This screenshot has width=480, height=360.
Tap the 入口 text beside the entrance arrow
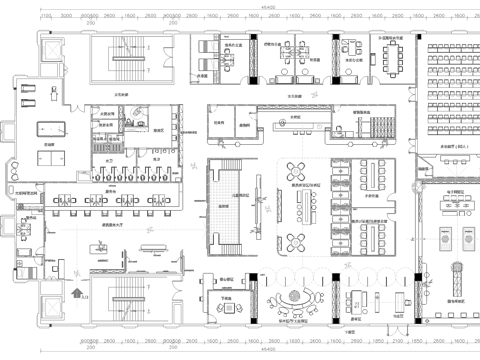(86, 297)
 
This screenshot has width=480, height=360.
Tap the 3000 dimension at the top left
(66, 17)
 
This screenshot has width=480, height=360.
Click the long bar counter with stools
(300, 125)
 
